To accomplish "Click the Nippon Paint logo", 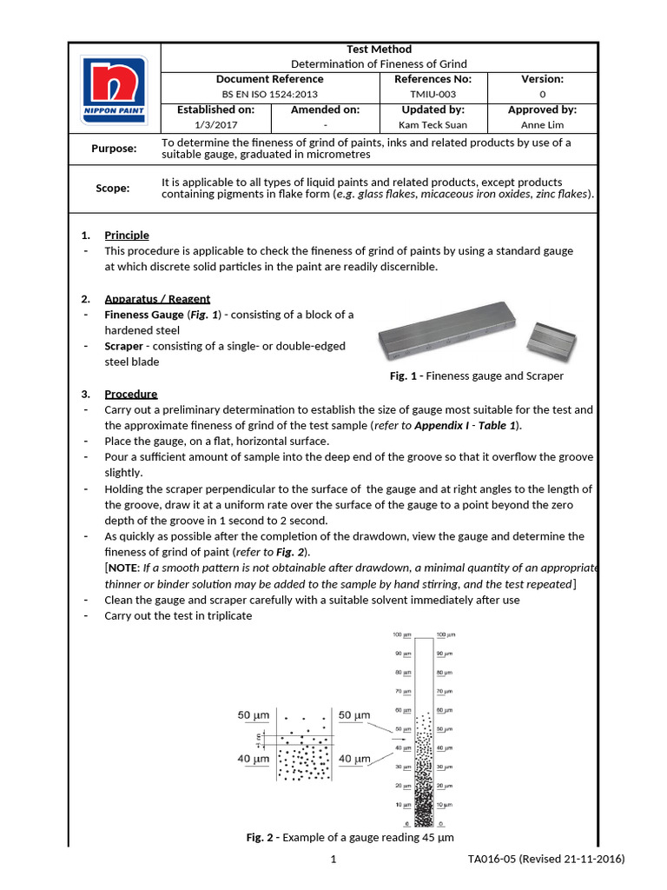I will point(114,90).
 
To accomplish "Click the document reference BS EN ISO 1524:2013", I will point(271,94).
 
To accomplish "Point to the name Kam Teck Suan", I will point(433,124).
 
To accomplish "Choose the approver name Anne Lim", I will point(542,124).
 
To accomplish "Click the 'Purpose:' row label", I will point(114,149).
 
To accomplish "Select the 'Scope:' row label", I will point(113,189).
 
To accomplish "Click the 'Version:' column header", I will point(542,79).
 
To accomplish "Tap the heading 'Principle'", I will point(127,236).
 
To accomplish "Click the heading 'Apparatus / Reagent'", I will point(157,299).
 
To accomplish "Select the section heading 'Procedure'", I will point(131,394).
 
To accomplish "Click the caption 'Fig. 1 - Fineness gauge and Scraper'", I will point(477,376).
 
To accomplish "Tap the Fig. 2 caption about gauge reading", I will point(350,838).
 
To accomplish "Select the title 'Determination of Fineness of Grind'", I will point(378,63).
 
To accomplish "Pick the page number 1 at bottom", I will point(333,860).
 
